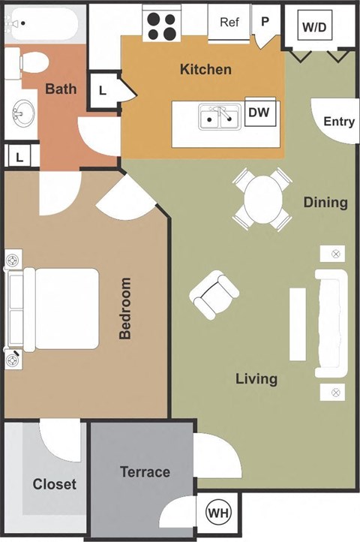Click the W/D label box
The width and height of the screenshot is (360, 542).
(315, 27)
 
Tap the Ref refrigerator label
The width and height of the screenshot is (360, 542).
(229, 23)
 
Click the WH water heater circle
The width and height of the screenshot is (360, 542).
(218, 513)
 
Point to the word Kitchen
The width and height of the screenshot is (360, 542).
(205, 70)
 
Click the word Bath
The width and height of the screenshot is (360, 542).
(61, 89)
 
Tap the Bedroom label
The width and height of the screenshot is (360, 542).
(125, 309)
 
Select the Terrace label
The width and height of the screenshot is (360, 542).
(145, 472)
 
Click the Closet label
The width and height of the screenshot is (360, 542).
(54, 484)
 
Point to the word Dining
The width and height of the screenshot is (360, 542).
(325, 202)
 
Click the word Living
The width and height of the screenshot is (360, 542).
(256, 378)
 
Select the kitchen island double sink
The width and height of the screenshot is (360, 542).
(219, 116)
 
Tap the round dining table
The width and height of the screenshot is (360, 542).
(262, 200)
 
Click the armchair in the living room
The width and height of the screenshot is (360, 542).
(214, 294)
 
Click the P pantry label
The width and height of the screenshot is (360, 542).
(264, 22)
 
